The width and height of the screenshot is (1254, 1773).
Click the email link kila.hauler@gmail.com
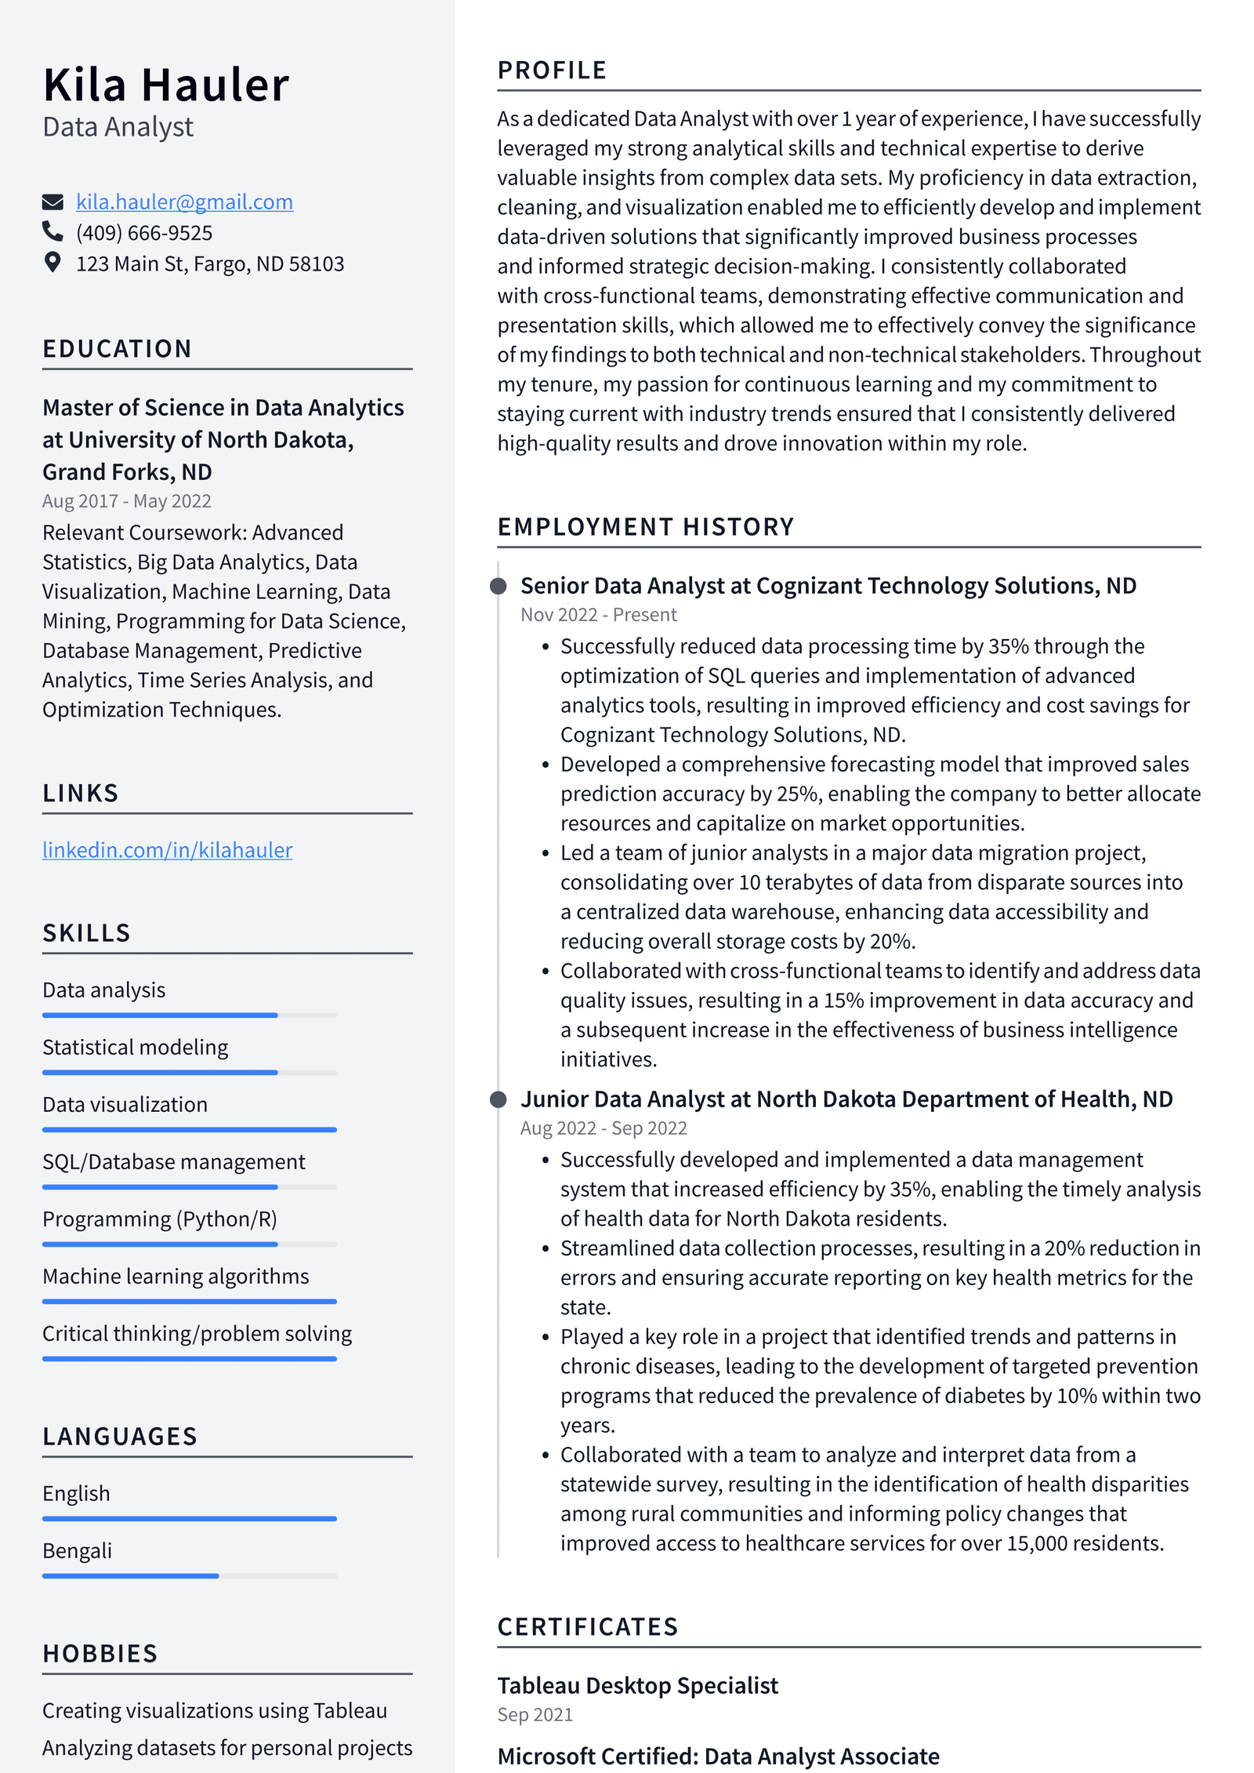click(184, 202)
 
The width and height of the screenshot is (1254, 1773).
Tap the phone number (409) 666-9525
click(144, 233)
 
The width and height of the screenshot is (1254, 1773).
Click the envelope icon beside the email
click(53, 202)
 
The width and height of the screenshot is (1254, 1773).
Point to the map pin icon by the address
click(53, 263)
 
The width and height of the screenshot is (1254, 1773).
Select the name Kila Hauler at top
click(166, 85)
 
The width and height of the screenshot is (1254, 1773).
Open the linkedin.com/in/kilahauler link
click(167, 850)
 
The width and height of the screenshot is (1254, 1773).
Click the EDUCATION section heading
click(118, 349)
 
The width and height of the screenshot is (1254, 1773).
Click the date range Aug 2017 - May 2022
click(127, 501)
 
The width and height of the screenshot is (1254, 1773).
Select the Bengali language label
click(78, 1551)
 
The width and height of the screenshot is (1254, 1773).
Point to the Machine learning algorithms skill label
click(176, 1277)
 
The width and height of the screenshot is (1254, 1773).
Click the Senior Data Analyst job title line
click(828, 586)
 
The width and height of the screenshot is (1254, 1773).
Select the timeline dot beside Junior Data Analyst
click(498, 1099)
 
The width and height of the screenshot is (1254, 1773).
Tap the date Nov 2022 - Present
click(599, 615)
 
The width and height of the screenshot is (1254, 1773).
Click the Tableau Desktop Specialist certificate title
click(638, 1685)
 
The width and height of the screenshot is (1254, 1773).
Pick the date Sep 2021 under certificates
click(535, 1715)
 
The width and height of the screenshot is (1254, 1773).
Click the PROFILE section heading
click(552, 71)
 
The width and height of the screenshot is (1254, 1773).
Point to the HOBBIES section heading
click(100, 1654)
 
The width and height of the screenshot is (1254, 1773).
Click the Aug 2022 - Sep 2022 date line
click(603, 1128)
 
